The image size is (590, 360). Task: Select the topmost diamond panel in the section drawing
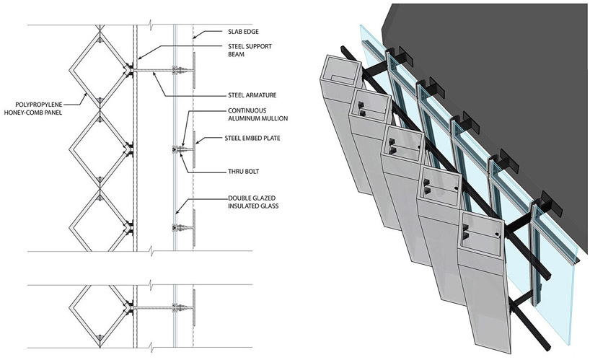tap(100, 71)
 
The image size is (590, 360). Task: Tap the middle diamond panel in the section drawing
tap(100, 150)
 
